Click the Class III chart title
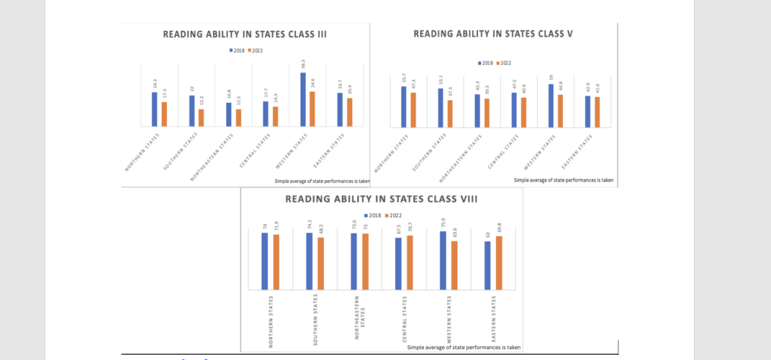[x=245, y=35]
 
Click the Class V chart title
[x=493, y=33]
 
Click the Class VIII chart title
[x=381, y=199]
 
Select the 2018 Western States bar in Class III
[x=303, y=99]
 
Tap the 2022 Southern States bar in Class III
[x=201, y=118]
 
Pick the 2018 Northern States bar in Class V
[x=403, y=106]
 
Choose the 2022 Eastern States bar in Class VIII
[x=499, y=263]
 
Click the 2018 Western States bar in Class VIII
[x=443, y=260]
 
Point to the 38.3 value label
[x=303, y=66]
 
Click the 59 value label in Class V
[x=551, y=78]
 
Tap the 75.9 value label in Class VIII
[x=443, y=223]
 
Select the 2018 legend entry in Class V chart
[x=486, y=63]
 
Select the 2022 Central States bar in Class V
[x=524, y=112]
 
